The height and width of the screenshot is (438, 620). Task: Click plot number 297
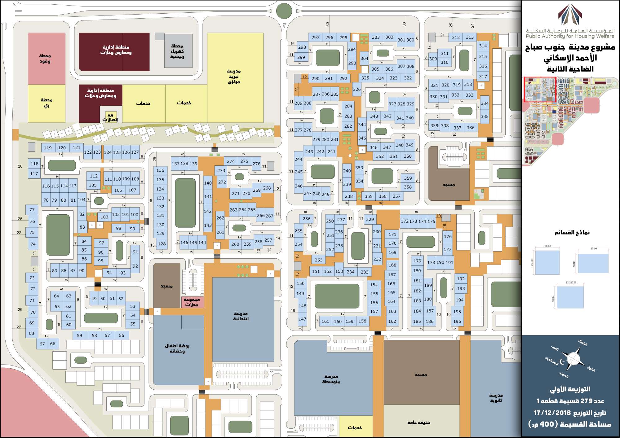point(315,37)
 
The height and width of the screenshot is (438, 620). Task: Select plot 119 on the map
point(48,148)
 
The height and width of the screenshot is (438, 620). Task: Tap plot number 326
point(357,89)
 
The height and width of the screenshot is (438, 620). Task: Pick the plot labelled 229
point(370,219)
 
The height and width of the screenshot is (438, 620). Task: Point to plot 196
point(457,321)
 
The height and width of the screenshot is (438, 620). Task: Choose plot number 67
point(42,344)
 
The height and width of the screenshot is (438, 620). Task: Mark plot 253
point(319,260)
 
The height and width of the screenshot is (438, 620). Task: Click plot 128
point(162,244)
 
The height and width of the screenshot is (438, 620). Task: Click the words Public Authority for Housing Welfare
point(570,36)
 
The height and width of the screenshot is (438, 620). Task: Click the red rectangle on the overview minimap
point(540,90)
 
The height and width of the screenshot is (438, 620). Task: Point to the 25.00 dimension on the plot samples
point(593,249)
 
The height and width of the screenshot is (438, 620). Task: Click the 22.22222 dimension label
point(571,283)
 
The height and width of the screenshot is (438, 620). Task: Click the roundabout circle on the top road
point(284,11)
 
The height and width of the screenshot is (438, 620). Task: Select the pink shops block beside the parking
point(192,302)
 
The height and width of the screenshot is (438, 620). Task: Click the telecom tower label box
point(111,117)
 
